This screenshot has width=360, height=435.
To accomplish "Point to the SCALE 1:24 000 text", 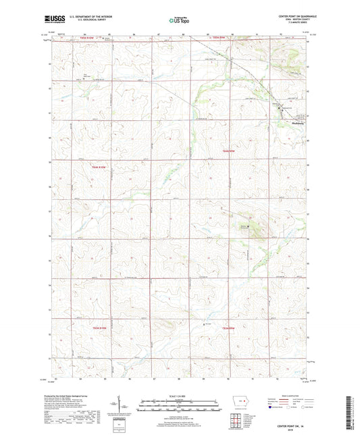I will pos(180,395).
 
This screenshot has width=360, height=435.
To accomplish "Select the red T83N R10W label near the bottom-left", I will pos(99,327).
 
